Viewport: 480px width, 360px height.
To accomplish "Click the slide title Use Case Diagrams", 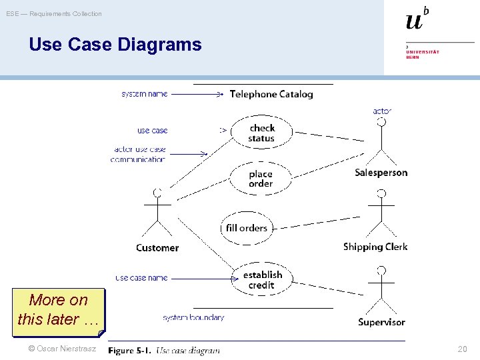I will (115, 45).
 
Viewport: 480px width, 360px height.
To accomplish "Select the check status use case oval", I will (261, 133).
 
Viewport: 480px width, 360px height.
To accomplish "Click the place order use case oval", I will (261, 179).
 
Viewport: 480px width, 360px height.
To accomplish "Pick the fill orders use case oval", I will (246, 227).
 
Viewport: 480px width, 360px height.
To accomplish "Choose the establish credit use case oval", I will (262, 279).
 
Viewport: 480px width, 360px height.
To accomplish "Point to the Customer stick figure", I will (157, 213).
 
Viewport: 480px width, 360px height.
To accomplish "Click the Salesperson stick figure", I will (381, 141).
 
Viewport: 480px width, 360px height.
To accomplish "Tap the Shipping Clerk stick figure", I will (381, 213).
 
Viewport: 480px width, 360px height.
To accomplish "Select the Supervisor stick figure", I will (381, 289).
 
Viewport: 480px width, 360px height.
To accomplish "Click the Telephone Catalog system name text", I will (271, 94).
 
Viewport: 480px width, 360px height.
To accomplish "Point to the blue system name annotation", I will (144, 94).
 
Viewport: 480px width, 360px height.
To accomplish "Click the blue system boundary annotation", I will (193, 317).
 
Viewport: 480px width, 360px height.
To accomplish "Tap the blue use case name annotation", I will (141, 277).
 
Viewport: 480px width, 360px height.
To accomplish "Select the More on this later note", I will (59, 309).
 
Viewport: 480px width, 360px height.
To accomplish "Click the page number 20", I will (462, 349).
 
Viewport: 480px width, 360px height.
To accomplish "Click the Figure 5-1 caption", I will (164, 351).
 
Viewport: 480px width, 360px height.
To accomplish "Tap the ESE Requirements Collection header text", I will (54, 14).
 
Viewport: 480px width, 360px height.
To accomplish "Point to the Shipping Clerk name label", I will (375, 247).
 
